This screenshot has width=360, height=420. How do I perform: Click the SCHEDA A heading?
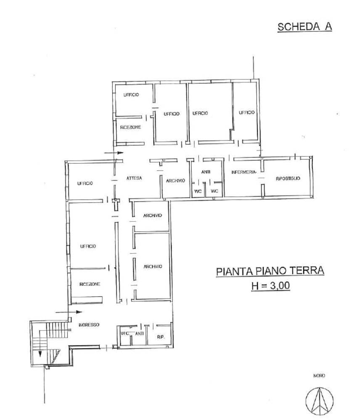304,27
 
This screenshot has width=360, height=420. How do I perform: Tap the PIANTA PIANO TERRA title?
270,271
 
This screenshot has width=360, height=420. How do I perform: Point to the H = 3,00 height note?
270,285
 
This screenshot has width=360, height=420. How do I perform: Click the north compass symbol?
320,401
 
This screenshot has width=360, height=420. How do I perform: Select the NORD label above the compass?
319,376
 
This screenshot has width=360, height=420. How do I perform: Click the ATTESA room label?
134,178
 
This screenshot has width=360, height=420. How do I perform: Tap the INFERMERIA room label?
244,172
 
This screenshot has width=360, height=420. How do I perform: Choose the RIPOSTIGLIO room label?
288,178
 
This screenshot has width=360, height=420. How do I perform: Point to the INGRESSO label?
89,324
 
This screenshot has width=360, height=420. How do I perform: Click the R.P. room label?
161,337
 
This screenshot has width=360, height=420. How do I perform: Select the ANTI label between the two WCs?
206,172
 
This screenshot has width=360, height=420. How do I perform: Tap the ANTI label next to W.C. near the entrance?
140,333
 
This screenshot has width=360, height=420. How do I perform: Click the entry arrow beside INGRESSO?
68,312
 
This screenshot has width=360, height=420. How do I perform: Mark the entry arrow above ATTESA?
114,153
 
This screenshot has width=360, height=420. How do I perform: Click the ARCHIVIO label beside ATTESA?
175,181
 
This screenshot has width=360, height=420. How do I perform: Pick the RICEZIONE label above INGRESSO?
90,284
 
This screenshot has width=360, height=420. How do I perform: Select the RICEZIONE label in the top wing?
130,127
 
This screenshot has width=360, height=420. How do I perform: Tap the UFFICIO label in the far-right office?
246,112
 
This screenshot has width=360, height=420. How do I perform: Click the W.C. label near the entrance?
125,333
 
